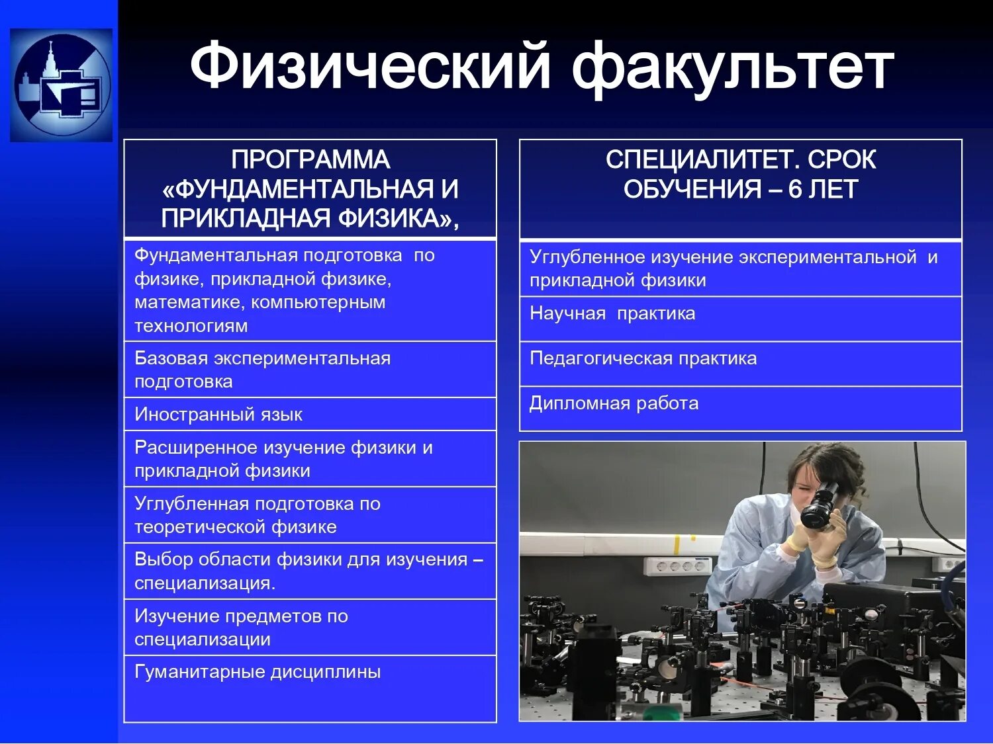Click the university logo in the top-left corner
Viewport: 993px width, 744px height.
61,85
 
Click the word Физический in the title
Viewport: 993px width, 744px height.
369,66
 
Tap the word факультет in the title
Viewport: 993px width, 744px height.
732,66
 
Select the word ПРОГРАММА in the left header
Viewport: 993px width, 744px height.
310,160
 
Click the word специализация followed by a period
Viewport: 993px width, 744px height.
205,583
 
